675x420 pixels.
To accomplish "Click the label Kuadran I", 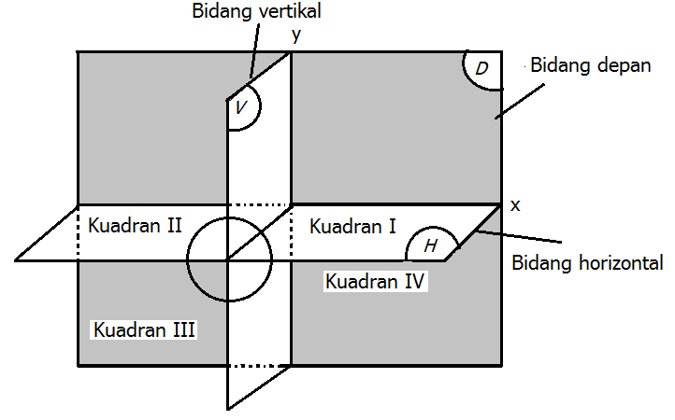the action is pos(352,226).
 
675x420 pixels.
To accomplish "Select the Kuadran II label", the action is pos(135,225).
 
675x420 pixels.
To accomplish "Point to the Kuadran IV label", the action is pos(376,280).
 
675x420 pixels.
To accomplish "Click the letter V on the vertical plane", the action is pos(241,108).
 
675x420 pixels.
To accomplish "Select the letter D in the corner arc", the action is pos(481,70).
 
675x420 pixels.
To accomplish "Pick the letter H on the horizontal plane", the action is pos(431,245).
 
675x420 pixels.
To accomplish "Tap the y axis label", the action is pos(296,35).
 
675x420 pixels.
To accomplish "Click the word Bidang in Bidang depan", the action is pos(557,67).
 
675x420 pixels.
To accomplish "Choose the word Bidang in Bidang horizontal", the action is pos(540,262).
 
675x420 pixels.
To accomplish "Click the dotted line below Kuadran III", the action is pos(259,365).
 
